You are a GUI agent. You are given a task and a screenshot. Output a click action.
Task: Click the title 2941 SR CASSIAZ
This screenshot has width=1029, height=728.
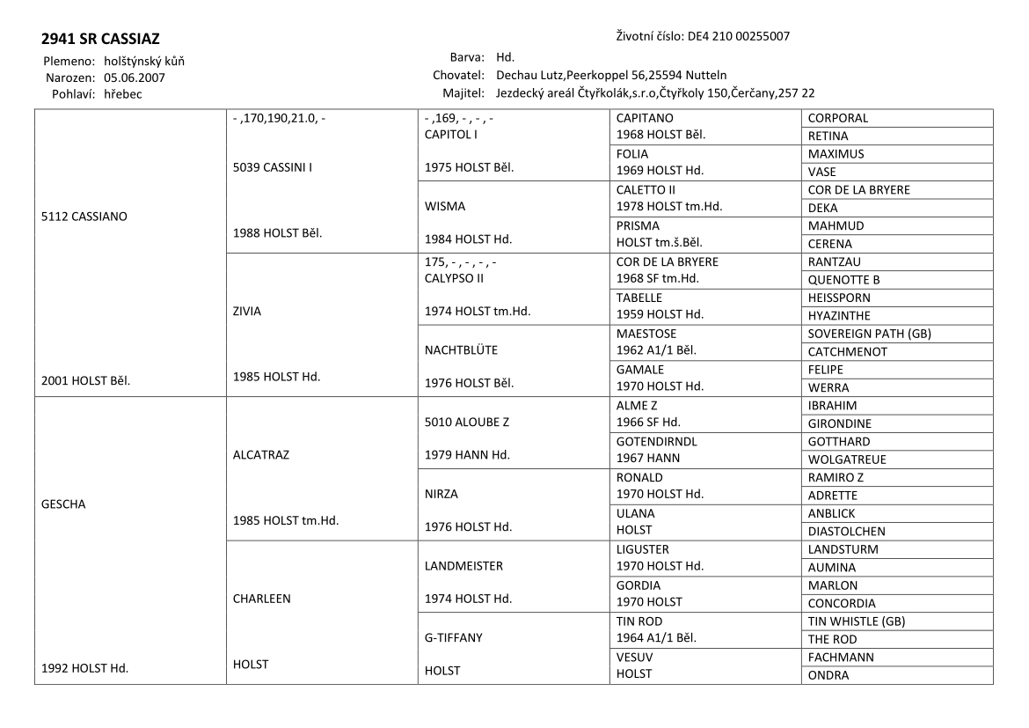[100, 40]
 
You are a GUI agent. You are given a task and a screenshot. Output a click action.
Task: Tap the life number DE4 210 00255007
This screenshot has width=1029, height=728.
[738, 37]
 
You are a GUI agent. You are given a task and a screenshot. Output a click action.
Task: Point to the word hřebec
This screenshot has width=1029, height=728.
[122, 93]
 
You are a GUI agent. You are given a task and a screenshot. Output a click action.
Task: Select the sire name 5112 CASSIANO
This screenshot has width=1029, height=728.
[84, 217]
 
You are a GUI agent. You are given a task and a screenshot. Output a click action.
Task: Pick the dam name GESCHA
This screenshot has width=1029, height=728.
[63, 504]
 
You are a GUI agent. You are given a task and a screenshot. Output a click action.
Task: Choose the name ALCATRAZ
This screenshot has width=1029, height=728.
[261, 455]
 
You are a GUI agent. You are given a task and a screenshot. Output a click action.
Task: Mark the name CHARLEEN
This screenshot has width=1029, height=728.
[261, 599]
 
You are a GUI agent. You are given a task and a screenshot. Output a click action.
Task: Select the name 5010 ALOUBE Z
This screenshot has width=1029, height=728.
[466, 422]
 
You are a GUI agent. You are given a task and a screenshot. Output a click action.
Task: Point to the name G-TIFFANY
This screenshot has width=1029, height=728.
[454, 637]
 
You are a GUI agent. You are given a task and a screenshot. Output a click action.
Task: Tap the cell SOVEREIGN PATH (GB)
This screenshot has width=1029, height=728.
[869, 334]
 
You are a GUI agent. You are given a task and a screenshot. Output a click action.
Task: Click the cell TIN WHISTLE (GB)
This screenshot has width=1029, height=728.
[857, 621]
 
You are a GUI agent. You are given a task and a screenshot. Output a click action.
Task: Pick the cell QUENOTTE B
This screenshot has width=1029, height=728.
[844, 280]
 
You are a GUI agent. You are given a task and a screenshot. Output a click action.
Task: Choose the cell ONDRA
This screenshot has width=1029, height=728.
[828, 675]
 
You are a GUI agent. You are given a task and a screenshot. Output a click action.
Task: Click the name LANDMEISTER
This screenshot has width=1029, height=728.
[463, 566]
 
